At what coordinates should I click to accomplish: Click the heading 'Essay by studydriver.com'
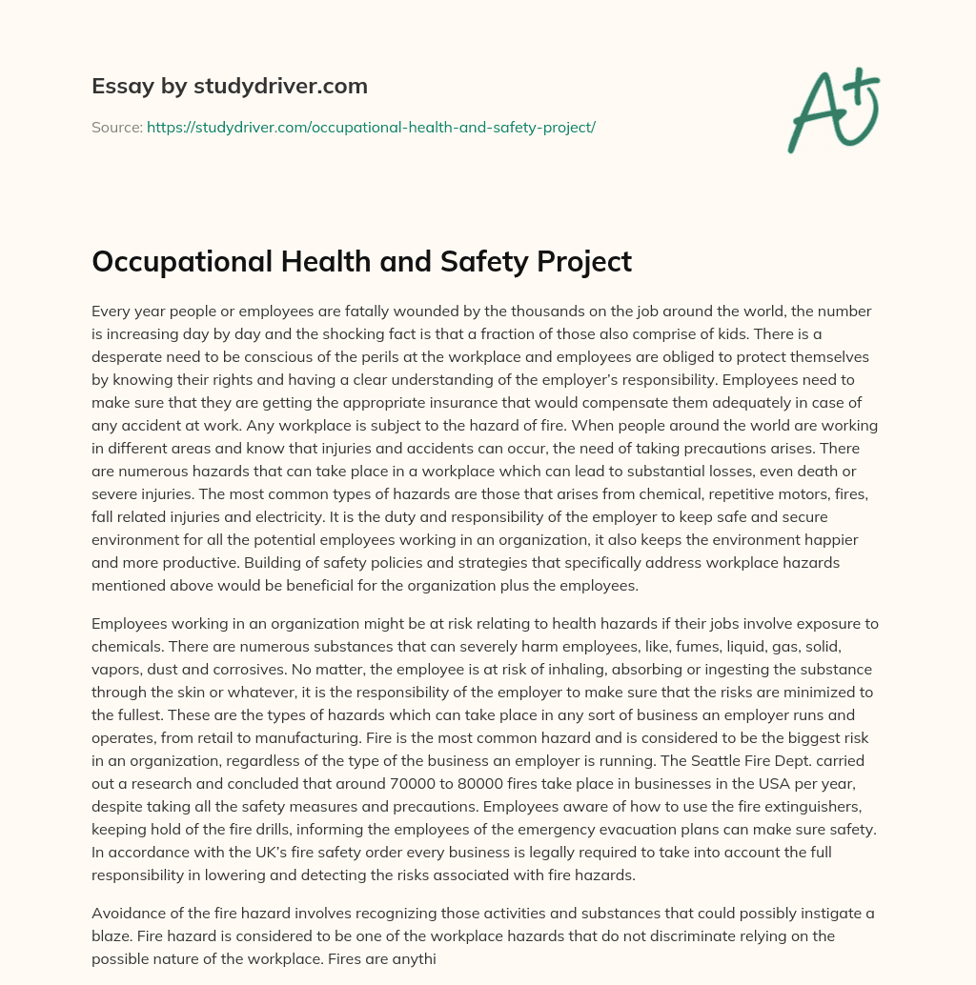230,87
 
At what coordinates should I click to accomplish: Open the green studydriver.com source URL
371,127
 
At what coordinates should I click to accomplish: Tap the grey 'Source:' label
116,127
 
